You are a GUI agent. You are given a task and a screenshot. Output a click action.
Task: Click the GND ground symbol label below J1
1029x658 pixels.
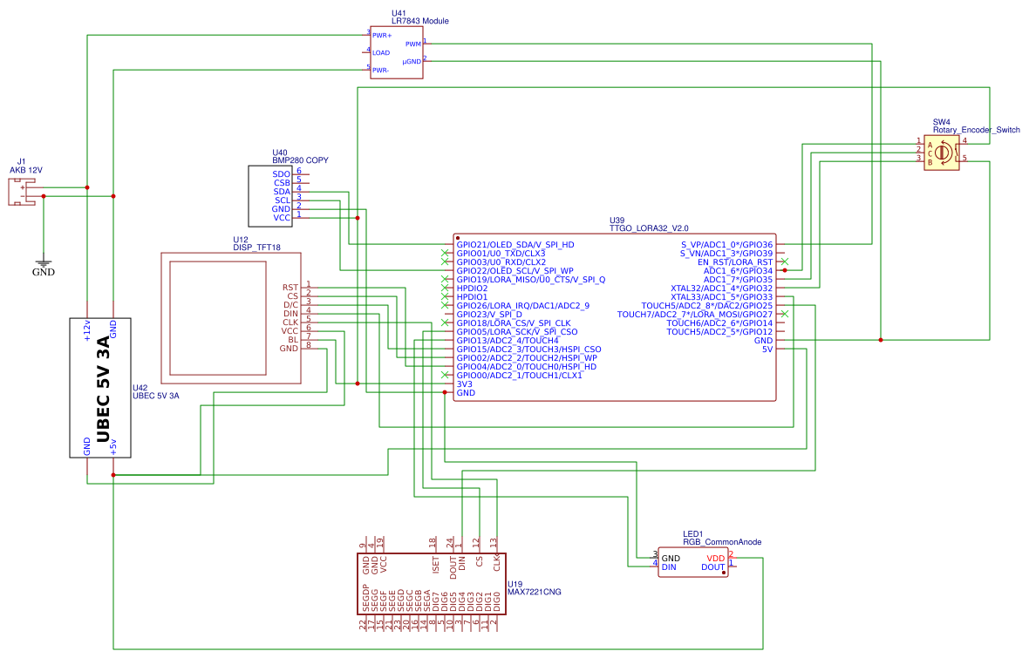point(43,272)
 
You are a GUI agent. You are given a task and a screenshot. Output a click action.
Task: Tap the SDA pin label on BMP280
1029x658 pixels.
point(281,192)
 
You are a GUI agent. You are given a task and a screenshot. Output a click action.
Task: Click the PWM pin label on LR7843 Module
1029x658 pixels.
point(412,44)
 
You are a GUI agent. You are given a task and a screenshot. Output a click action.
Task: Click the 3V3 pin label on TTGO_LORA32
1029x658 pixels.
point(466,383)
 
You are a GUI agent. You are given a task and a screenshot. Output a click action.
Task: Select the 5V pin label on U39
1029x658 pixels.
point(767,349)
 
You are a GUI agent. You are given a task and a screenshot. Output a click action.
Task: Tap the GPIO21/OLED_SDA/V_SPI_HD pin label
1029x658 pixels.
point(514,244)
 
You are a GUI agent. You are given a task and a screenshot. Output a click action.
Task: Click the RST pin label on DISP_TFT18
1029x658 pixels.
point(290,288)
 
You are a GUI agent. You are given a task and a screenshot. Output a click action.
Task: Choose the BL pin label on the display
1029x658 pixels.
point(293,339)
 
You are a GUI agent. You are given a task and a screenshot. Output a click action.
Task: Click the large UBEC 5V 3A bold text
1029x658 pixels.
point(103,387)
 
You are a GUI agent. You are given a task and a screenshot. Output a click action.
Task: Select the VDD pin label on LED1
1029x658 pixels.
point(715,558)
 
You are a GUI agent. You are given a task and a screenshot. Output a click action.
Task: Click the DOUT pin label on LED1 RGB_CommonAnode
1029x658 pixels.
point(712,567)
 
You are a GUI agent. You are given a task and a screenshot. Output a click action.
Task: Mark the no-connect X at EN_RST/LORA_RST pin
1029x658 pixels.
point(785,261)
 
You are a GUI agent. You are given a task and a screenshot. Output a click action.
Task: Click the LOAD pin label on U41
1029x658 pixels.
point(380,53)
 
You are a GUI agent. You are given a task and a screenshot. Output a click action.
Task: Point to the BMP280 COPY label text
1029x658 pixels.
point(300,160)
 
